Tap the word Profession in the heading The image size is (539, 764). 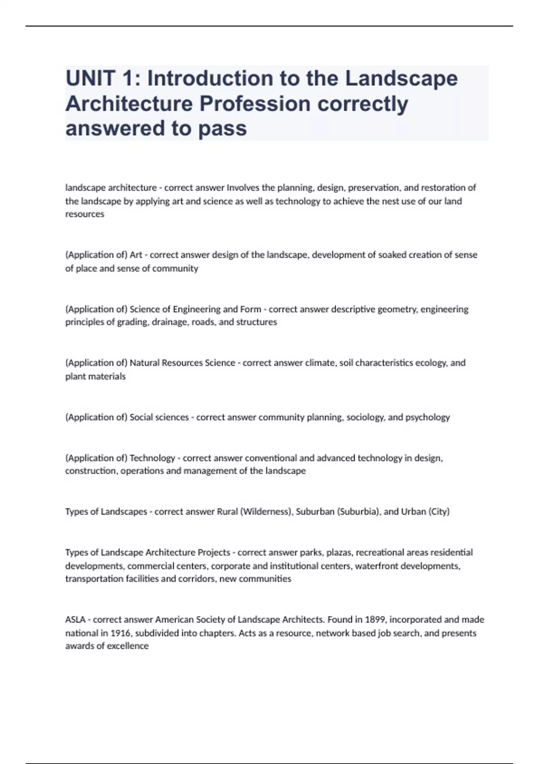pyautogui.click(x=255, y=104)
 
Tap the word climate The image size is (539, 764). pyautogui.click(x=320, y=363)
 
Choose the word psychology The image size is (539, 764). pyautogui.click(x=427, y=417)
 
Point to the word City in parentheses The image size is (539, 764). pyautogui.click(x=439, y=511)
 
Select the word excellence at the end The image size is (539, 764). pyautogui.click(x=128, y=646)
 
